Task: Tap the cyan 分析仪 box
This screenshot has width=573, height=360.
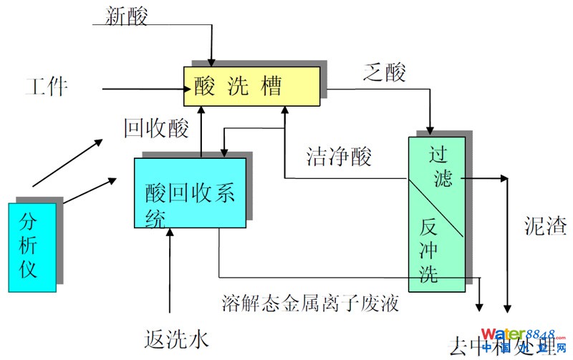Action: click(x=32, y=248)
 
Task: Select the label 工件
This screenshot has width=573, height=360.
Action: click(x=46, y=87)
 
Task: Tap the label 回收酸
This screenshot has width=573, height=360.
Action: click(x=156, y=128)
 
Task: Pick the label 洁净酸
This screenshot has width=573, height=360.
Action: click(x=339, y=157)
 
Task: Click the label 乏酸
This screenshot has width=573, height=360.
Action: click(x=385, y=72)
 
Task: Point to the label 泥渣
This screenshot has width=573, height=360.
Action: click(x=545, y=228)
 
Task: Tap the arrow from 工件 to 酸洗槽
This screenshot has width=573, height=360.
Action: click(x=143, y=89)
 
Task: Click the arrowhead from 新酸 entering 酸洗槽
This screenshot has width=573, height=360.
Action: click(x=211, y=61)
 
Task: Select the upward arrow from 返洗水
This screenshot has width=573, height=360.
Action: click(x=170, y=272)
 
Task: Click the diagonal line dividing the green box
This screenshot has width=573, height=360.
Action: click(x=437, y=208)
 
